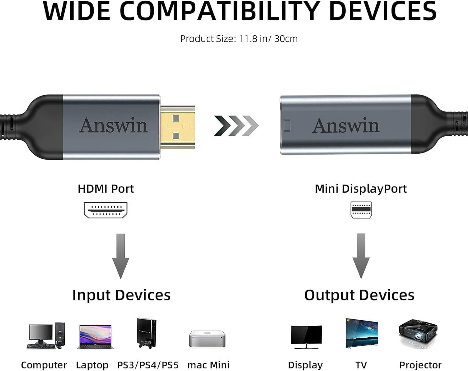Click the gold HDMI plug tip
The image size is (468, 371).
coord(178,127)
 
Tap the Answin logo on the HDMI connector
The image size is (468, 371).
coord(113,125)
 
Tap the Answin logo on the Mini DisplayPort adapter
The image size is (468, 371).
coord(346,126)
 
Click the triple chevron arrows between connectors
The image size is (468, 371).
coord(236,125)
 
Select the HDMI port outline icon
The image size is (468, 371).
coord(106,210)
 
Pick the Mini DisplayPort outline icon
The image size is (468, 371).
coord(361,210)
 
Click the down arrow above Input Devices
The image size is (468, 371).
coord(120,256)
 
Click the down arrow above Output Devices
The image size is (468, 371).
coord(361,256)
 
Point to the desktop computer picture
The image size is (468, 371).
coord(46,336)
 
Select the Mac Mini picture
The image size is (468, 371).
coord(207,339)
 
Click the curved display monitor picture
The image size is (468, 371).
coord(306,337)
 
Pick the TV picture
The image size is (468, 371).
coord(362,333)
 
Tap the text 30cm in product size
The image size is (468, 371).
coord(286,39)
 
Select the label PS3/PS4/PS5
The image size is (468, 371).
coord(148,365)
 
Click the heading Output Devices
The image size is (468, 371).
coord(359,295)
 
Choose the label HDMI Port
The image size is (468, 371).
coord(106,189)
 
